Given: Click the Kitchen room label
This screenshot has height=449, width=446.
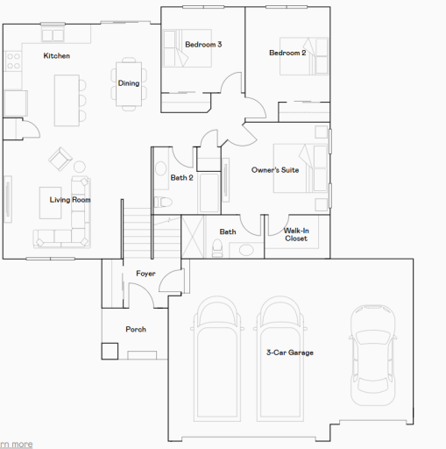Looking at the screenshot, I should click(57, 56).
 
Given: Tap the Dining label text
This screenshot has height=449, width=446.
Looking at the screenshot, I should click(128, 83).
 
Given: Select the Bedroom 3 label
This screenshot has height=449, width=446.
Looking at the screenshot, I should click(202, 44).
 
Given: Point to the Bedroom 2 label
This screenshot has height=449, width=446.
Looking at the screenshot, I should click(287, 53).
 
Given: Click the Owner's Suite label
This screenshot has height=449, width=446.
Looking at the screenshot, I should click(275, 169).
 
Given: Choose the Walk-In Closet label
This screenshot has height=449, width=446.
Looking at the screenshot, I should click(295, 234).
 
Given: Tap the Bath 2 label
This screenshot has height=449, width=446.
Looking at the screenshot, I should click(181, 177).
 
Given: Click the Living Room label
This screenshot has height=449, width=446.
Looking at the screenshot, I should click(70, 200).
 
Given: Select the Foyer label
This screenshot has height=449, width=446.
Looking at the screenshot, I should click(145, 274).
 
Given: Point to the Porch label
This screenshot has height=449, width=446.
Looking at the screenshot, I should click(136, 330).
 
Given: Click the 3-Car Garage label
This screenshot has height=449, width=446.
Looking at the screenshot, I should click(289, 353).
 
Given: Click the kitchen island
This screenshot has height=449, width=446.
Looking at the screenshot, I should click(66, 98).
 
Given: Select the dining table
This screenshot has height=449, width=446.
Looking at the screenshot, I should click(129, 83).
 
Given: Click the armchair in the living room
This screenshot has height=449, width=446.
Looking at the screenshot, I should click(60, 159).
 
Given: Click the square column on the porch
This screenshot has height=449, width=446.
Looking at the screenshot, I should click(110, 350).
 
